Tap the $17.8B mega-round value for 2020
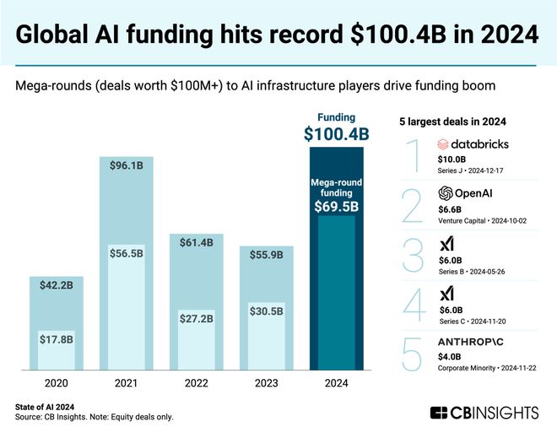click(57, 340)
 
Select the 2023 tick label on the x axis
click(266, 382)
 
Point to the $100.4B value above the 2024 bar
click(337, 133)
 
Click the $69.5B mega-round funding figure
click(337, 207)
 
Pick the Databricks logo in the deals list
click(473, 144)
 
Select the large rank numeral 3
click(413, 257)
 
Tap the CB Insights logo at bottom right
click(484, 413)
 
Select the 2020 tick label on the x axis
click(57, 382)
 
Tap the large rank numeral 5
click(413, 354)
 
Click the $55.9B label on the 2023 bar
click(267, 251)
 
